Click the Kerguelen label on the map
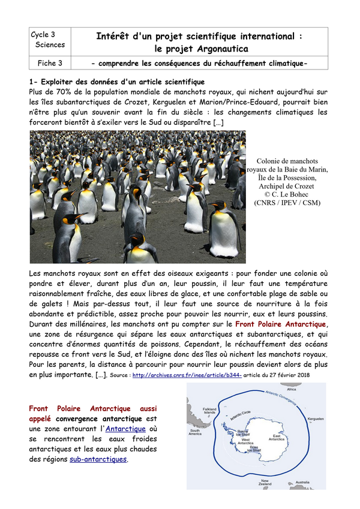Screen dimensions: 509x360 pos(316,419)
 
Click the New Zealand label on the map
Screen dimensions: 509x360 pos(266,483)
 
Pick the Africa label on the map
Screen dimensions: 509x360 pos(309,389)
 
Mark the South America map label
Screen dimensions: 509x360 pos(197,433)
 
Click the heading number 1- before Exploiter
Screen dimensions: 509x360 pos(34,82)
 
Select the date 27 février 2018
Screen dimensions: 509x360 pos(292,375)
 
